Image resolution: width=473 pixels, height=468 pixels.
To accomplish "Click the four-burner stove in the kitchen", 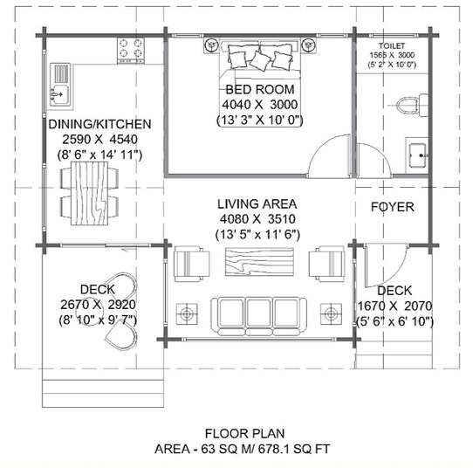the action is click(131, 51).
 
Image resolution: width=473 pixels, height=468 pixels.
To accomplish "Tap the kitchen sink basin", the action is click(60, 95).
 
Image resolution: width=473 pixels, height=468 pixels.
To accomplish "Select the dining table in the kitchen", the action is click(89, 194).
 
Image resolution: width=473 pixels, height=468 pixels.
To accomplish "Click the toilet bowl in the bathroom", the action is click(408, 106).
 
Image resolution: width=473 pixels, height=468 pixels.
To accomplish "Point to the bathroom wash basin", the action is click(418, 155).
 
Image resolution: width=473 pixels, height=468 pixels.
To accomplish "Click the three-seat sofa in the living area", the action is click(258, 316).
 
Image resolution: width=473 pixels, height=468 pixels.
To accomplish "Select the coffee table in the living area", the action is click(259, 262).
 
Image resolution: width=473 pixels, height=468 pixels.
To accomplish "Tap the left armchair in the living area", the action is click(191, 264).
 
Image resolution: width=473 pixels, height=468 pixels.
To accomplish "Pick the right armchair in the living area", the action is click(326, 264).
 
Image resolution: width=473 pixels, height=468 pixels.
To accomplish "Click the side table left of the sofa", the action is click(187, 313).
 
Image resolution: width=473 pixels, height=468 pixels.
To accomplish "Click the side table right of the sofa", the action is click(331, 313).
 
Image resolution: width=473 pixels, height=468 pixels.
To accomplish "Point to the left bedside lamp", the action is click(211, 45).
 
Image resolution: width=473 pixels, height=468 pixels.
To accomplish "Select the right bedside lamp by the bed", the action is click(308, 45).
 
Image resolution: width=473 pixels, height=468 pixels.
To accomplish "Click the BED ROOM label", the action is click(260, 89).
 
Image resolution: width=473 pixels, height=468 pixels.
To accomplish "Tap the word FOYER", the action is click(392, 207).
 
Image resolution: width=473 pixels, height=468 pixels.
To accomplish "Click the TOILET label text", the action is click(392, 46).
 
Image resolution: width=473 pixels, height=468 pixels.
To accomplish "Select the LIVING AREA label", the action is click(257, 204).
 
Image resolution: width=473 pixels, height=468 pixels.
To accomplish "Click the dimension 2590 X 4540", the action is click(99, 140).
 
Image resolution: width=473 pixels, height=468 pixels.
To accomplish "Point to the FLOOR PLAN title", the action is click(244, 434).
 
